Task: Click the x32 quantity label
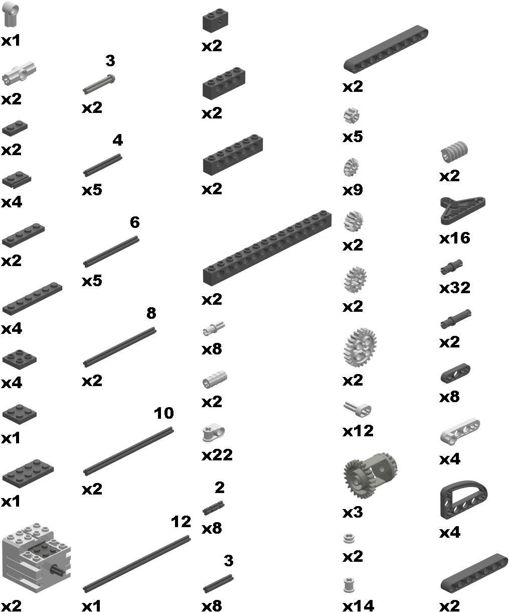pyautogui.click(x=454, y=288)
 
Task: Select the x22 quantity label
pyautogui.click(x=217, y=454)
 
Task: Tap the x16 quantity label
pyautogui.click(x=454, y=237)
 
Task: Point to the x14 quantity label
pyautogui.click(x=358, y=605)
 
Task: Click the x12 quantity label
pyautogui.click(x=358, y=431)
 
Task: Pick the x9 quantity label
pyautogui.click(x=353, y=190)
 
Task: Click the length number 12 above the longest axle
pyautogui.click(x=181, y=522)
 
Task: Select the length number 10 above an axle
pyautogui.click(x=163, y=413)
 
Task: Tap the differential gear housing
pyautogui.click(x=371, y=475)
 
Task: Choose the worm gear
pyautogui.click(x=454, y=151)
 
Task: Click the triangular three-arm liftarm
pyautogui.click(x=462, y=210)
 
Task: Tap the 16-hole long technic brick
pyautogui.click(x=267, y=248)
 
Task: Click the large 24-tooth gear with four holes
pyautogui.click(x=360, y=347)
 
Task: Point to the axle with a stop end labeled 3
pyautogui.click(x=99, y=84)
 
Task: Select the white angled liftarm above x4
pyautogui.click(x=460, y=431)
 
